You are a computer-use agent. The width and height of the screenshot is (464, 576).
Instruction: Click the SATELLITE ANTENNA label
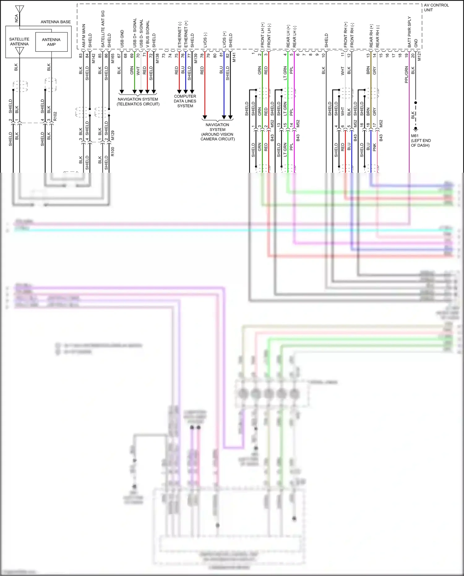point(19,41)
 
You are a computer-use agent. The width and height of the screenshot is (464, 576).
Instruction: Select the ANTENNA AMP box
point(51,42)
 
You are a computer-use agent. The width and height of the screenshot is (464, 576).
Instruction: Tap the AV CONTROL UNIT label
point(436,7)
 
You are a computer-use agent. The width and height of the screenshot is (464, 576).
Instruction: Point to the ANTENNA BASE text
point(56,22)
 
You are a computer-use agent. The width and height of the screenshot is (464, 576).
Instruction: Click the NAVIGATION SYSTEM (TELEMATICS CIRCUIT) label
point(138,102)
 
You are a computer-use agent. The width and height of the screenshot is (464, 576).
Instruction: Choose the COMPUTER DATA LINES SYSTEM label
point(185,101)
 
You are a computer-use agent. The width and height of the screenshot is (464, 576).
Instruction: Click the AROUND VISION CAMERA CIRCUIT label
point(217,132)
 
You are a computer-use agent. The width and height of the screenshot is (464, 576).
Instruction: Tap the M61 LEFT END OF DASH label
point(420,141)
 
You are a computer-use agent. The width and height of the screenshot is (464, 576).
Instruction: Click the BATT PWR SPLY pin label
point(409,32)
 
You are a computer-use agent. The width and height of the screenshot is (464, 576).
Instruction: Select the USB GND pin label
point(122,39)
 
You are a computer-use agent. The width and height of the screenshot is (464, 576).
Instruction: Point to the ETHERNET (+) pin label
point(186,34)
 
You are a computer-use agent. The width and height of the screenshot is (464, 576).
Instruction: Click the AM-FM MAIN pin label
point(84,36)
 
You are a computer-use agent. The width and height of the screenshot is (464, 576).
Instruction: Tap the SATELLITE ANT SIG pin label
point(103,29)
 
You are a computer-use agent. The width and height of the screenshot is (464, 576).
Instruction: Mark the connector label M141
point(234,57)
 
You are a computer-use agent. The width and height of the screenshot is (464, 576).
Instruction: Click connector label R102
point(55,116)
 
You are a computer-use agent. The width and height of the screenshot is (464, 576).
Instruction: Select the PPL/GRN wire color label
point(406,75)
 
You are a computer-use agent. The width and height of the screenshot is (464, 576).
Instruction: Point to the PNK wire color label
point(374,147)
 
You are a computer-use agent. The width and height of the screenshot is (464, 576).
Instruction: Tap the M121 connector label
point(419,56)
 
